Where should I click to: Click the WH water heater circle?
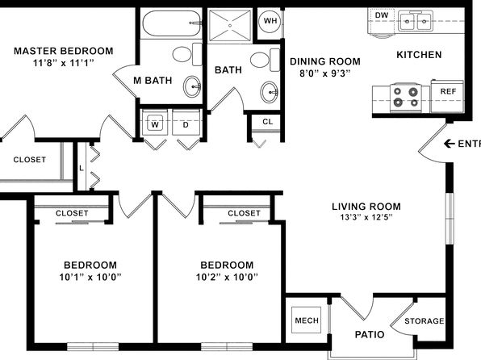click(270, 21)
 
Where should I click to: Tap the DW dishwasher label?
click(382, 15)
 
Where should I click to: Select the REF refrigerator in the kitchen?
click(448, 96)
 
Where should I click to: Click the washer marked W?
click(155, 122)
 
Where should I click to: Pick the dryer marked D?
click(186, 122)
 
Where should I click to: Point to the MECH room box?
click(307, 320)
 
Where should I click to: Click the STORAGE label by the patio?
click(425, 321)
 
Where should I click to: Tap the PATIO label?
click(370, 334)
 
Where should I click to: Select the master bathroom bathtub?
click(172, 23)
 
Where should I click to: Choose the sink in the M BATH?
click(192, 87)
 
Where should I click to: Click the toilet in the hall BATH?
click(265, 60)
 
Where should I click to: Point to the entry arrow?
click(450, 144)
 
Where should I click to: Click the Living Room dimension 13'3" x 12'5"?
click(366, 217)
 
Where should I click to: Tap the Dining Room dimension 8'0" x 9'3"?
click(325, 73)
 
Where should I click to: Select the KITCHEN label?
click(419, 55)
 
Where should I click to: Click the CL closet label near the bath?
click(267, 122)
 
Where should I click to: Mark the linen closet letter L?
click(82, 168)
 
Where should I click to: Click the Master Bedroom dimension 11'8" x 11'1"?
click(64, 63)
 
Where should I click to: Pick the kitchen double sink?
click(416, 21)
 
